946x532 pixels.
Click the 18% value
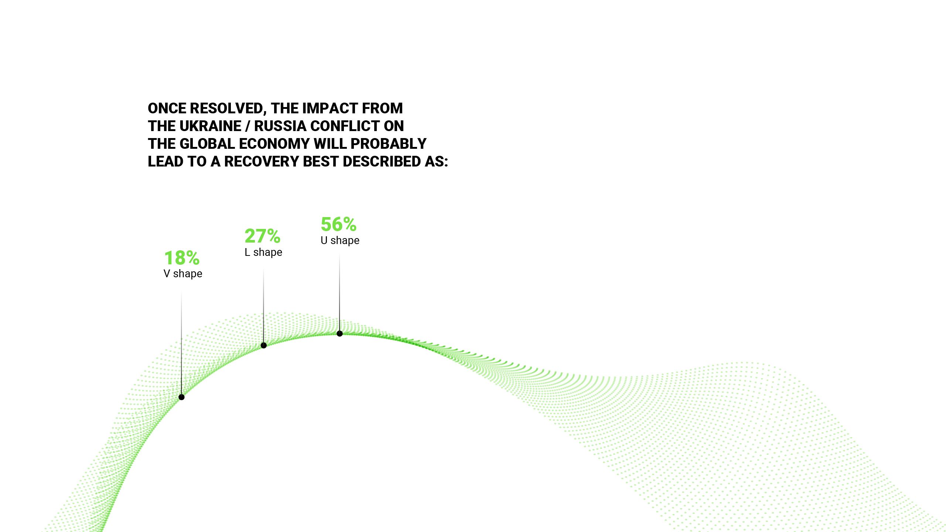tap(182, 258)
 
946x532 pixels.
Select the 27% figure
tap(262, 236)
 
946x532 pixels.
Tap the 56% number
tap(338, 224)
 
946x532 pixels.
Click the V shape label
tap(183, 274)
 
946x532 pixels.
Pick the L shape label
tap(263, 252)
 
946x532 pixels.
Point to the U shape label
tap(340, 240)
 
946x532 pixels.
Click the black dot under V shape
tap(181, 397)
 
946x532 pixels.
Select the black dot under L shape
tap(264, 346)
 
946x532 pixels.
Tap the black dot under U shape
tap(340, 334)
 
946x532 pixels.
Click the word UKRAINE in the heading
tap(210, 126)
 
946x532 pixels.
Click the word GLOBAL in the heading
tap(207, 144)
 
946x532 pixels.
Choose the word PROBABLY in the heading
tap(389, 144)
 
